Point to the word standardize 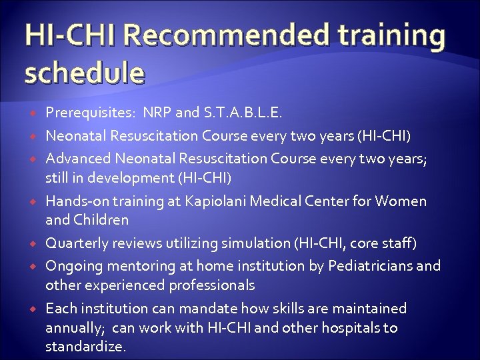[86, 347]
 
